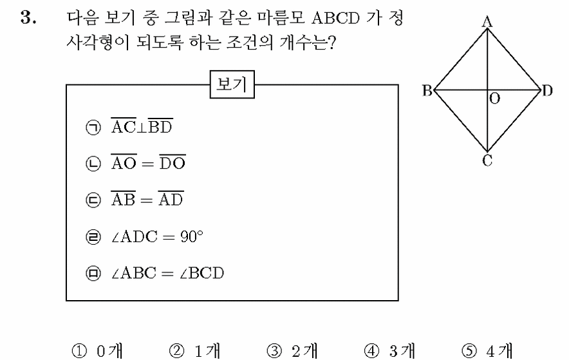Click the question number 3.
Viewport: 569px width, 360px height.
point(28,18)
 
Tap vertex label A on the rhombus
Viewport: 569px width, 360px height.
point(487,22)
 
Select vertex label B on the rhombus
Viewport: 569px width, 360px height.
point(427,90)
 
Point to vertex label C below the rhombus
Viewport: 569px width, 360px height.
point(487,160)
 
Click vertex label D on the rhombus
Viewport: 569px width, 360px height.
point(547,90)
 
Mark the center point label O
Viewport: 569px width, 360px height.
point(494,99)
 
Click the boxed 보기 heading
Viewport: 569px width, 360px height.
point(232,84)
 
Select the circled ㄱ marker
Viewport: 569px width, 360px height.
point(93,128)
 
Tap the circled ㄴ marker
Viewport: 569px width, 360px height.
point(93,164)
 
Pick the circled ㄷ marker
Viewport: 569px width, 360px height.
point(93,200)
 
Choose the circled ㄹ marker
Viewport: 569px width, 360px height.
point(93,236)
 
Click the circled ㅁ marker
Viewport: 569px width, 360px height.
point(93,273)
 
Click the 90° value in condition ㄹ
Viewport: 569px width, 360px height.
point(192,236)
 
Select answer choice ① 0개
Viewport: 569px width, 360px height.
point(97,351)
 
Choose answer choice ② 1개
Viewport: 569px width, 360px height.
point(195,351)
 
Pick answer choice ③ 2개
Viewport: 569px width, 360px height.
point(292,351)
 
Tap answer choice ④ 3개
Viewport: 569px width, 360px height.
point(389,351)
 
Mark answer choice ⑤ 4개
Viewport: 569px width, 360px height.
point(487,351)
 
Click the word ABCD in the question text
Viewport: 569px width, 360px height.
point(335,18)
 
